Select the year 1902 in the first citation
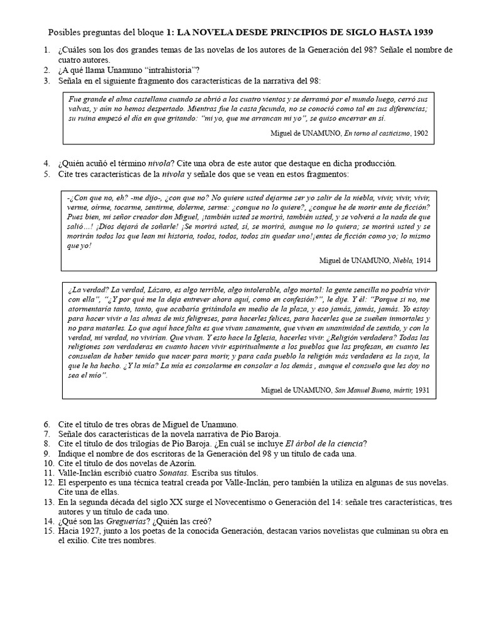pos(420,133)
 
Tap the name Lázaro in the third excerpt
pos(160,289)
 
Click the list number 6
pos(47,424)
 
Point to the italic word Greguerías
pos(126,521)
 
